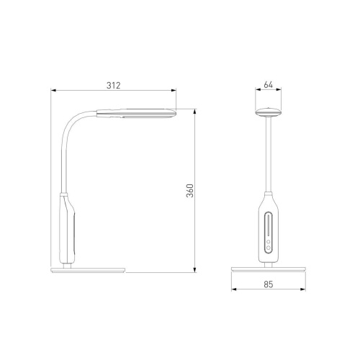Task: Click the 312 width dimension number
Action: (x=113, y=86)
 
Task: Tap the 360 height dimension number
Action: (x=190, y=191)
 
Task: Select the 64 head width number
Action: (x=268, y=85)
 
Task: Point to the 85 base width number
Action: (x=269, y=284)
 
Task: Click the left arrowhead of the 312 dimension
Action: (x=53, y=90)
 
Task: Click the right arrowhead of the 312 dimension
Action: (x=174, y=90)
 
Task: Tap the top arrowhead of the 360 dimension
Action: (x=195, y=112)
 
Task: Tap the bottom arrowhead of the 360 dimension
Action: (x=195, y=270)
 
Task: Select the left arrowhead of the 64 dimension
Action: (x=258, y=89)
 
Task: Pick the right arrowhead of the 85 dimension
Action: (x=303, y=289)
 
